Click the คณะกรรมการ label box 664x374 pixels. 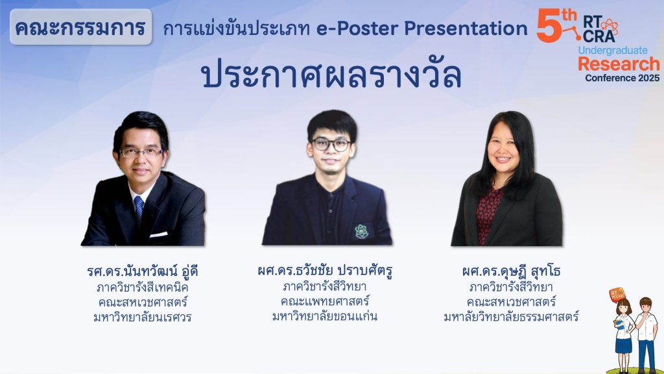coord(80,27)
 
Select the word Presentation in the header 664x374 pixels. coord(466,29)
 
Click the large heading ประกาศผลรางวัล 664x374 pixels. coord(331,75)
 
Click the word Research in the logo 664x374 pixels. coord(619,64)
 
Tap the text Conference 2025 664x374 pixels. coord(622,78)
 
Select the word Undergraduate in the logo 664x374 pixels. coord(613,51)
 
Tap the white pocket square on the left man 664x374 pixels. coord(158,234)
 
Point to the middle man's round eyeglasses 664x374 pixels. coord(331,145)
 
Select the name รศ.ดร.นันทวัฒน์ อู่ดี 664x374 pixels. coord(143,271)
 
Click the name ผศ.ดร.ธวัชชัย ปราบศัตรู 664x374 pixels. coord(325,271)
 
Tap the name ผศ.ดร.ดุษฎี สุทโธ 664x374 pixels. coord(511,271)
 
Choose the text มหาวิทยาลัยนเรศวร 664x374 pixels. coord(143,317)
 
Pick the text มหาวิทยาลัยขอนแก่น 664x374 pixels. coord(325,316)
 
